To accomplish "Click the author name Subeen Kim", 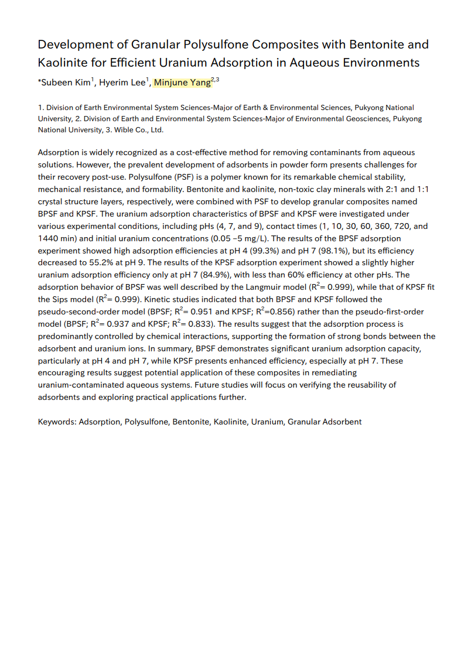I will pos(65,83).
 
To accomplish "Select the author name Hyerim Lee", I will pos(121,83).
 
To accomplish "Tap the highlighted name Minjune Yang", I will pos(182,83).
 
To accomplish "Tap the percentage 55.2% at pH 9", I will pos(93,263).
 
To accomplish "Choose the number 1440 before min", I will pos(49,238).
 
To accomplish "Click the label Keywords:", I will pos(57,422).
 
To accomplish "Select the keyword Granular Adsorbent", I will pos(325,422).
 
